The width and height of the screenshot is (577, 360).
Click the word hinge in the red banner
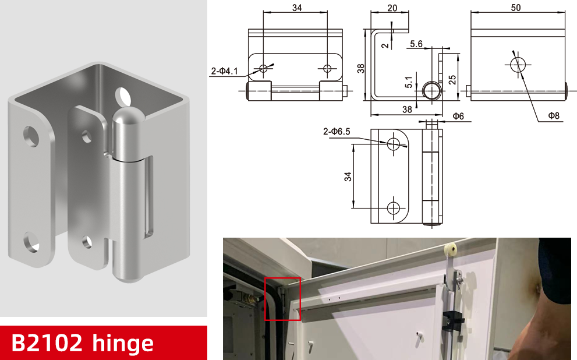123,343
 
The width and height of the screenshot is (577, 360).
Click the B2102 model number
47,343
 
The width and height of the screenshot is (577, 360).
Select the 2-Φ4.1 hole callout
224,70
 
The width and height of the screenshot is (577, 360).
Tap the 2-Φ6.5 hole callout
337,132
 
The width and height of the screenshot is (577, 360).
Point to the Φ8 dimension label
554,115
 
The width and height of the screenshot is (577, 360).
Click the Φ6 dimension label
458,117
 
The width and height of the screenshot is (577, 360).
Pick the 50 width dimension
515,8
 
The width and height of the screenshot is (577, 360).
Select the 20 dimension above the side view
392,8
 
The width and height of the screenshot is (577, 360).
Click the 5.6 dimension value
416,44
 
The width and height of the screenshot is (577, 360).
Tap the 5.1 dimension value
409,82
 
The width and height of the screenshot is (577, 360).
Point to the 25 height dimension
452,80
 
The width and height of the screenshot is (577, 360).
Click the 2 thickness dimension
385,45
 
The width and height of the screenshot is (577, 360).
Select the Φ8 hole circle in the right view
518,65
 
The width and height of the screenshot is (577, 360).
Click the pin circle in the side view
431,90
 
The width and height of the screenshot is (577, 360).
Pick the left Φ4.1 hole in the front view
264,68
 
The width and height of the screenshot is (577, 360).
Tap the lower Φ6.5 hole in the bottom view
394,208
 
